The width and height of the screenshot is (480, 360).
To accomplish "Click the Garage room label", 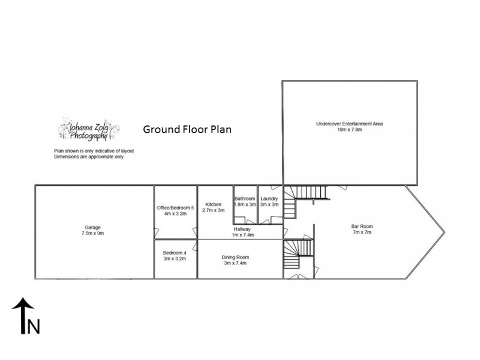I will (x=92, y=227).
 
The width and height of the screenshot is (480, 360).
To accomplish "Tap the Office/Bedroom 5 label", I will (x=176, y=208).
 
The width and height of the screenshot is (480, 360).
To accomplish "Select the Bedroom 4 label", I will (x=175, y=253).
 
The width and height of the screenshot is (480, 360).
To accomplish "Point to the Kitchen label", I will (x=213, y=204).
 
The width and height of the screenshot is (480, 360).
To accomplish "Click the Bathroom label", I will (x=245, y=199).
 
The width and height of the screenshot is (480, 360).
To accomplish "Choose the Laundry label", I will (x=269, y=199).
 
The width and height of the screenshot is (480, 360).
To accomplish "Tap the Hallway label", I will (x=242, y=229).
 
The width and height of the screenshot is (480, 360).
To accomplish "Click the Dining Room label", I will (x=236, y=257).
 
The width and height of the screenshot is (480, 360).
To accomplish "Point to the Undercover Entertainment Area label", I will (x=349, y=124).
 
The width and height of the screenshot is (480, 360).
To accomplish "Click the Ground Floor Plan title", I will (x=187, y=129).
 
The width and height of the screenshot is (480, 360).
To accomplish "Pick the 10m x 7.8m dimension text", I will (x=349, y=130).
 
